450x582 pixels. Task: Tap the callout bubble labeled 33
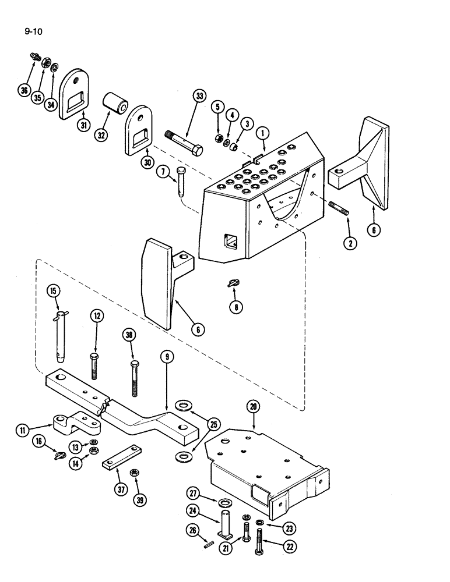click(x=199, y=97)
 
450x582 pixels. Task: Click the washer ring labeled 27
click(x=224, y=502)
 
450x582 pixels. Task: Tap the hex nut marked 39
click(x=135, y=472)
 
